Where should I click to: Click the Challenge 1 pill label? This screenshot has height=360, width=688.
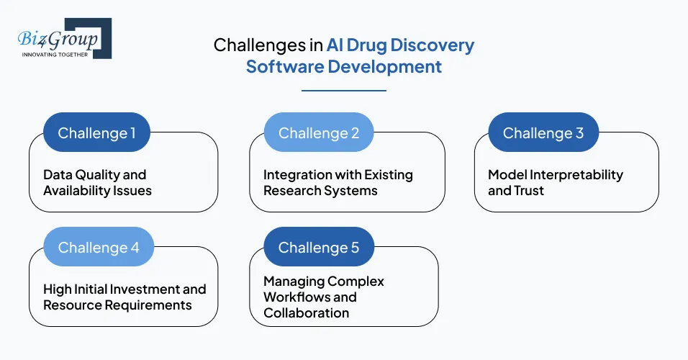[96, 133]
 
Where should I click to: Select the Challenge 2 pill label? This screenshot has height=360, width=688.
[319, 133]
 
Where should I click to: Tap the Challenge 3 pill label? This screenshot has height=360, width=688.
[543, 133]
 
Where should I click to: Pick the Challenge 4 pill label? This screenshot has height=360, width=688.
[99, 248]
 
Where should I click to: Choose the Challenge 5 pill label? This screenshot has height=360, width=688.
[319, 248]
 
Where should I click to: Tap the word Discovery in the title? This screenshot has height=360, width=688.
[434, 45]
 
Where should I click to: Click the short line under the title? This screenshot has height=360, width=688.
[343, 91]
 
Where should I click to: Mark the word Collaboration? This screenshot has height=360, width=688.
[307, 313]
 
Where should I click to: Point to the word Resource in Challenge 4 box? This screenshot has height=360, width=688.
[71, 305]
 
